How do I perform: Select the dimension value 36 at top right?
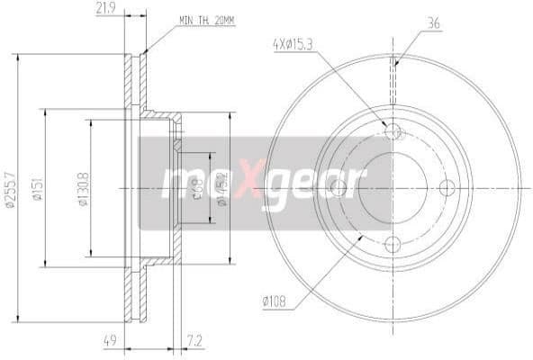point(433,24)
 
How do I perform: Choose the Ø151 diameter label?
point(38,189)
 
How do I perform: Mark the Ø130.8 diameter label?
point(81,189)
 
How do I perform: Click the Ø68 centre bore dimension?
point(196,188)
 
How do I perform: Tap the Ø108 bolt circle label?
point(276,301)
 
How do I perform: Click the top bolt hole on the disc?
point(393,132)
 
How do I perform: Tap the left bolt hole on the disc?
point(339,187)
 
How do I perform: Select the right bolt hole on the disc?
point(447,187)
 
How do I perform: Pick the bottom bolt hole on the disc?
point(393,242)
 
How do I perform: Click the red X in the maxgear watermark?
point(257,182)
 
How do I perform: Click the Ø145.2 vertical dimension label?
point(219,188)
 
